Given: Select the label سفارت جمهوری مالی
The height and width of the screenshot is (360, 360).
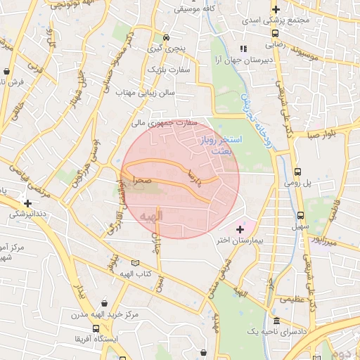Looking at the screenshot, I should pyautogui.click(x=165, y=123).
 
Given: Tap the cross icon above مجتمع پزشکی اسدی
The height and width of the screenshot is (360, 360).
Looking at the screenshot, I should pyautogui.click(x=276, y=10).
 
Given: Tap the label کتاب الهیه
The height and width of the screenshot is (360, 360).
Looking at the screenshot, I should pyautogui.click(x=136, y=273).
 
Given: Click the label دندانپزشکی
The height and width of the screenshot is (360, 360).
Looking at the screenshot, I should pyautogui.click(x=23, y=212).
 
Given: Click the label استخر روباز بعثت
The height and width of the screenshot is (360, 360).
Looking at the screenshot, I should pyautogui.click(x=221, y=146).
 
